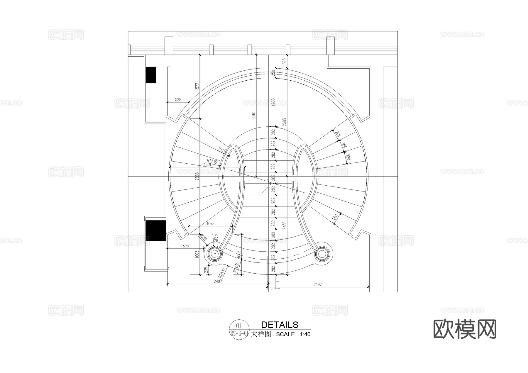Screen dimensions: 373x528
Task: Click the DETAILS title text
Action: pos(280,325)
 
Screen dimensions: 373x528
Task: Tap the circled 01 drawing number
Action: pos(238,325)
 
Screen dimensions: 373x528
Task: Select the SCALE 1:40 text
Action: pos(293,334)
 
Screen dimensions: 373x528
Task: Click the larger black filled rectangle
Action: pos(156,230)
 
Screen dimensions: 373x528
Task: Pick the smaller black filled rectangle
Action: pos(151,75)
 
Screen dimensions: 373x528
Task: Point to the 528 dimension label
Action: pos(178,100)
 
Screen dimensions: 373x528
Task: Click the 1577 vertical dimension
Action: pos(197,87)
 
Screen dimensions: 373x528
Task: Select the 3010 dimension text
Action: pos(254,115)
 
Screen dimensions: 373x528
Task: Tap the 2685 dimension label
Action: pos(284,122)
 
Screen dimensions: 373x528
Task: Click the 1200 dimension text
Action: pos(273,102)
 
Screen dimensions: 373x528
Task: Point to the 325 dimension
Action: pos(284,61)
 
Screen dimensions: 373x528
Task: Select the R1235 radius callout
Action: pos(212,161)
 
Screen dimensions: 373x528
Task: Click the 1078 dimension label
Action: pos(210,223)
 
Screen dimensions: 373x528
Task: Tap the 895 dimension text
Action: pos(185,246)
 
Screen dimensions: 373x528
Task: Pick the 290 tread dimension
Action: pos(335,217)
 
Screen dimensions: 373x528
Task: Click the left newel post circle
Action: pos(215,253)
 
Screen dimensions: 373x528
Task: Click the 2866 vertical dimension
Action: pos(197,176)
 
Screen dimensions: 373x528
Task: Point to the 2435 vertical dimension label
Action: pos(284,225)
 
